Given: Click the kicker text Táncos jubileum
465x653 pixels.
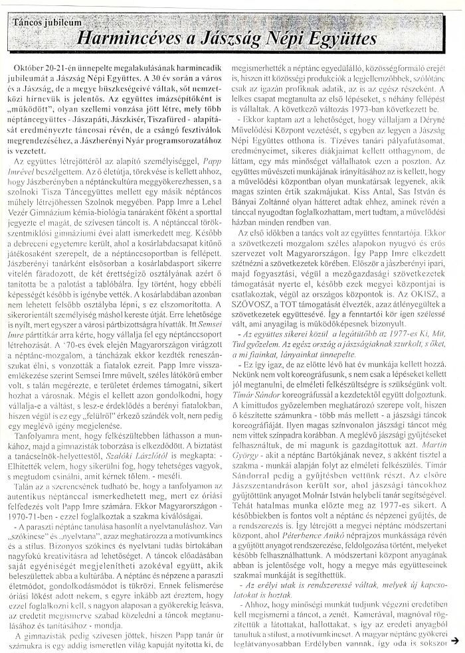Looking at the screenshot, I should pos(43,22).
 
